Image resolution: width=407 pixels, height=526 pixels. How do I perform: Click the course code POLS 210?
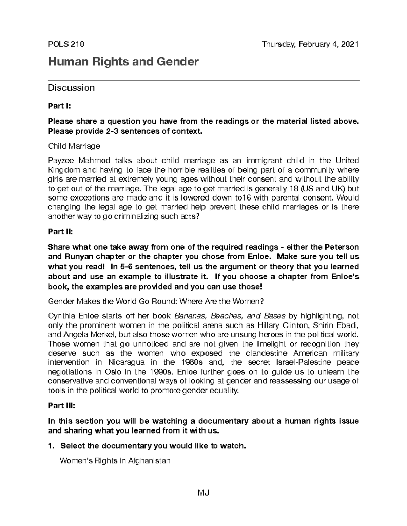click(66, 44)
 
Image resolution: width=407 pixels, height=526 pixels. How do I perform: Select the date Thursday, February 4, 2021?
click(310, 44)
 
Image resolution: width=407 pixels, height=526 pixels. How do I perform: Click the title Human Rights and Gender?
click(123, 62)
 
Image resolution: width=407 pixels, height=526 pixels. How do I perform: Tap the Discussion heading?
click(71, 88)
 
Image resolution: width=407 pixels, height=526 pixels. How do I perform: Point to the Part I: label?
click(59, 106)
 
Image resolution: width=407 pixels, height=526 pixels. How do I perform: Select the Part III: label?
click(61, 406)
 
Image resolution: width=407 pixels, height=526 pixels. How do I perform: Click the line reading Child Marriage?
click(74, 146)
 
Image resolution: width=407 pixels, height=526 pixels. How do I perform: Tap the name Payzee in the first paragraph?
click(60, 161)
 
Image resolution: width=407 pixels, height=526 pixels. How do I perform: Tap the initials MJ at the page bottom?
click(203, 493)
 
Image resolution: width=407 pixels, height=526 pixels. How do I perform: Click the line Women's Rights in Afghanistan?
click(115, 461)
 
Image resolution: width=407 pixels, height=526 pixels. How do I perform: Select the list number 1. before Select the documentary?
click(51, 446)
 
